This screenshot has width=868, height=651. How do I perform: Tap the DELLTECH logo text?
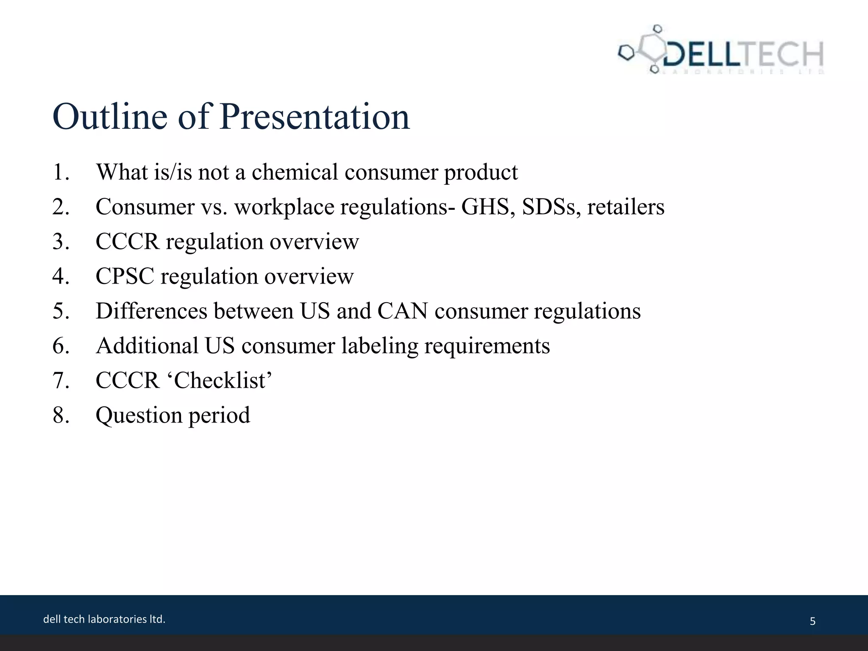pos(742,54)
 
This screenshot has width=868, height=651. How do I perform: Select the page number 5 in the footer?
pos(812,621)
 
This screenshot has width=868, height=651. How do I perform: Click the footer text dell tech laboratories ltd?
pos(104,619)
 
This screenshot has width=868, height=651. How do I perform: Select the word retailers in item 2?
pos(626,207)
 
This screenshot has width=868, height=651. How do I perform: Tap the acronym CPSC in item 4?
pos(125,276)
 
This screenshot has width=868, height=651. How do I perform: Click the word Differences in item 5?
pos(151,311)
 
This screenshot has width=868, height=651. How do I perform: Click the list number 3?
pos(61,242)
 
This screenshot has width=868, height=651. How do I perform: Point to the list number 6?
pos(61,346)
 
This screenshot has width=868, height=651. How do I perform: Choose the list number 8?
pos(61,415)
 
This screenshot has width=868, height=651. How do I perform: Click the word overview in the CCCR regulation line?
pos(314,242)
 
